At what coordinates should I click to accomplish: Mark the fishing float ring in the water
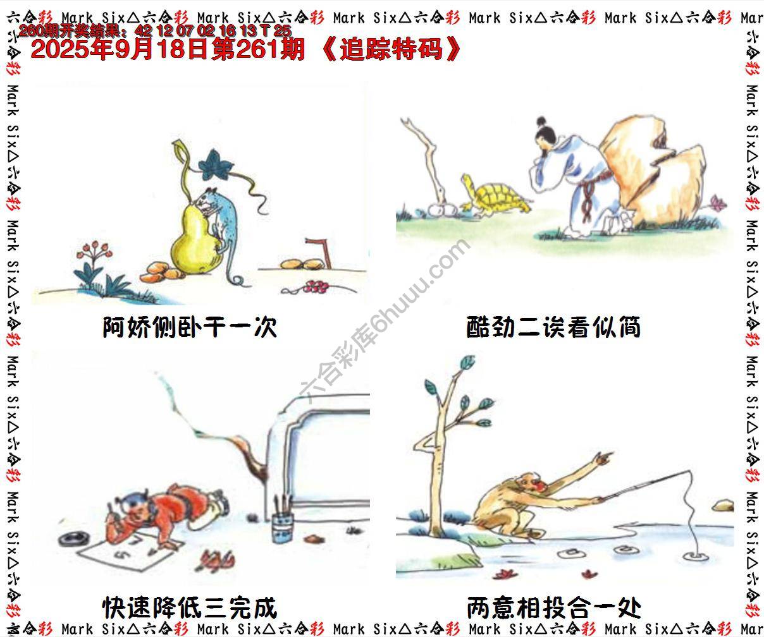(696, 556)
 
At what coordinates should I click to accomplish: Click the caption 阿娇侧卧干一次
(190, 327)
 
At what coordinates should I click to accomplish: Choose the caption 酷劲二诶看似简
(553, 327)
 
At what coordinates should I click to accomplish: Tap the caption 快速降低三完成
(190, 608)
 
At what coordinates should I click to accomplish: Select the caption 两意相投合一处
(553, 608)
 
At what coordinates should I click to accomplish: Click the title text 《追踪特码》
(392, 49)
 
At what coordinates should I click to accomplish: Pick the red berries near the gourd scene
(314, 288)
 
